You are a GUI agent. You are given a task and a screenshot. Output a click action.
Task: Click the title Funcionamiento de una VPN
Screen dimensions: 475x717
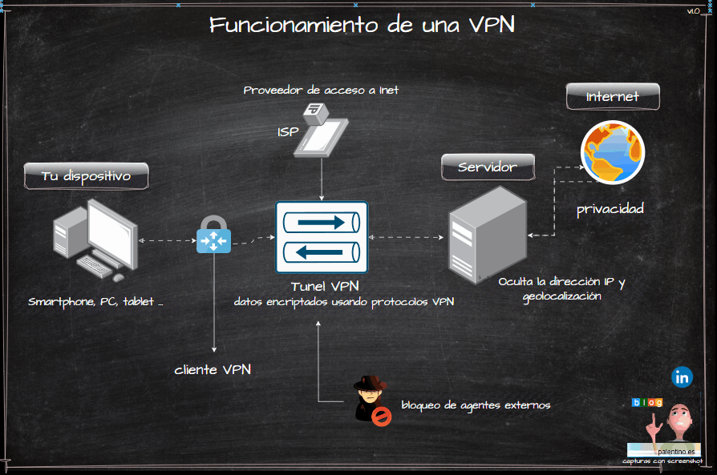click(x=362, y=24)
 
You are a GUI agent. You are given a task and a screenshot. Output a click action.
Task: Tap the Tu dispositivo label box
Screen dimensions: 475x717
click(x=86, y=176)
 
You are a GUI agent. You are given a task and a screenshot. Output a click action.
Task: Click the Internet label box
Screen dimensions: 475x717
click(x=613, y=96)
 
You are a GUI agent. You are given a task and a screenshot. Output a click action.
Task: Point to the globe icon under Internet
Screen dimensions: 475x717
click(x=612, y=152)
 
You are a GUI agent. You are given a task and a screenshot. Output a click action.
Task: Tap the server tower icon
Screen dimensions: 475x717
click(x=486, y=234)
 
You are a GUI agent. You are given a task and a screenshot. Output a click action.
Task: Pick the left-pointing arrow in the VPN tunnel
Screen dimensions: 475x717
click(x=321, y=252)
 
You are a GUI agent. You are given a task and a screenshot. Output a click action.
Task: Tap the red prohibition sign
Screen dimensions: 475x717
click(x=382, y=416)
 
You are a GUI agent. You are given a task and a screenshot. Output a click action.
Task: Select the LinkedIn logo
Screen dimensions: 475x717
click(x=683, y=376)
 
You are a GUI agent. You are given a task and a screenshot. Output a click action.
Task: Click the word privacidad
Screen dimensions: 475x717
click(x=610, y=209)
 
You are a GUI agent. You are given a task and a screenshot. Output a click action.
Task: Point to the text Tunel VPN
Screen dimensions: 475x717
click(x=325, y=286)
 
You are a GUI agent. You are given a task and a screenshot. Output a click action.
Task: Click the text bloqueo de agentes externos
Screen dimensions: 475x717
click(x=476, y=405)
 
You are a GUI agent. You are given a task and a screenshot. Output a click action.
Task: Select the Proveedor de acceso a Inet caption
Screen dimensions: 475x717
click(x=321, y=91)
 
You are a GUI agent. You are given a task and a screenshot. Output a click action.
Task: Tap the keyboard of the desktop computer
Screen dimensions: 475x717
click(x=95, y=266)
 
